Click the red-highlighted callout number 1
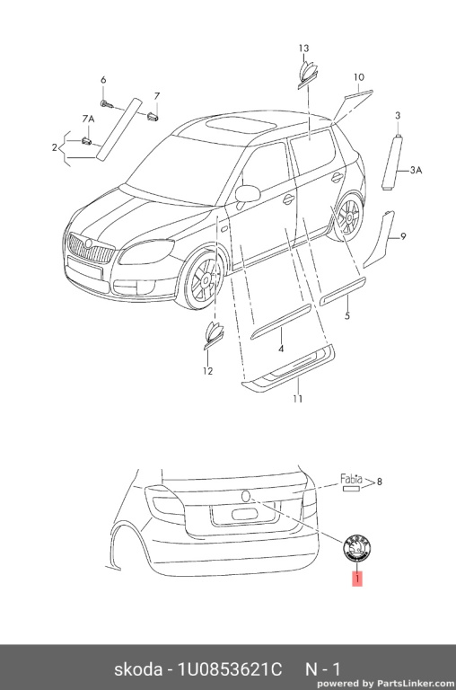[358, 579]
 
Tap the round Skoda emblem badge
[357, 547]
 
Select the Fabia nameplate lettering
[351, 479]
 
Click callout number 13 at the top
[304, 49]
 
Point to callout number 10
[359, 77]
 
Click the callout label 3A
[416, 170]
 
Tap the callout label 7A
[88, 119]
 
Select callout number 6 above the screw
[103, 80]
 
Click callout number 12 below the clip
[208, 371]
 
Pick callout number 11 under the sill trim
[298, 399]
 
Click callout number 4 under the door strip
[281, 349]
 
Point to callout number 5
[347, 315]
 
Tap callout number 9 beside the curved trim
[403, 237]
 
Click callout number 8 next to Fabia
[380, 482]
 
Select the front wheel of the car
[203, 279]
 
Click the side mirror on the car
[248, 194]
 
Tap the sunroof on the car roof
[241, 123]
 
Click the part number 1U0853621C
[229, 669]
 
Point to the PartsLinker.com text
[416, 684]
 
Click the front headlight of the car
[146, 252]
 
